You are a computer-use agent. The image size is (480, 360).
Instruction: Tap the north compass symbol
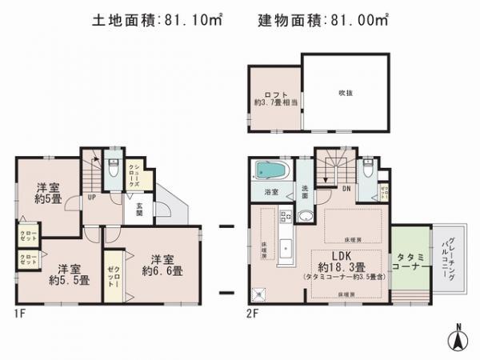458,339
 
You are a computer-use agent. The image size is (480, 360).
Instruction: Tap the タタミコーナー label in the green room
410,262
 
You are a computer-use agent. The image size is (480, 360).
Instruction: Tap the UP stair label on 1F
93,197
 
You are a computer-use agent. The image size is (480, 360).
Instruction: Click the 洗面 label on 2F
306,192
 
